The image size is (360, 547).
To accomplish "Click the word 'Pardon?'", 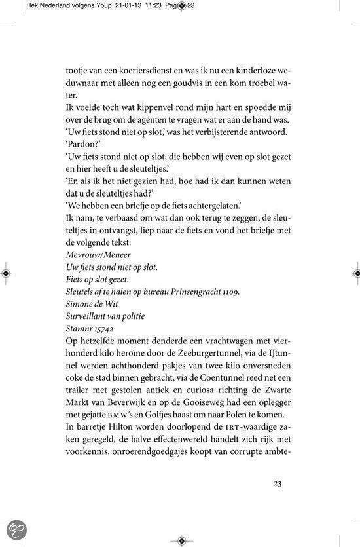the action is coord(82,145).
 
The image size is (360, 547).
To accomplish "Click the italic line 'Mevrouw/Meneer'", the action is coord(99,253).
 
